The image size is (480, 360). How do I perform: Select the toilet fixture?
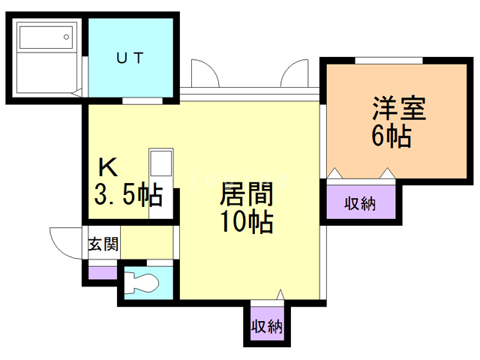143,283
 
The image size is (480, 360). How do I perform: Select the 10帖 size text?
245,222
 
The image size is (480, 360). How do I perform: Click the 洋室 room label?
398,109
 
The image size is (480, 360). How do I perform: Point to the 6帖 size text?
391,136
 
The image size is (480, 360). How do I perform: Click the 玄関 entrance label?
102,244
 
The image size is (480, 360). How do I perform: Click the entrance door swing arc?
63,240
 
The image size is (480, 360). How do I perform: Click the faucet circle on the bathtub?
67,35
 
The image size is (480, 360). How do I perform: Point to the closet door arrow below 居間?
280,295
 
